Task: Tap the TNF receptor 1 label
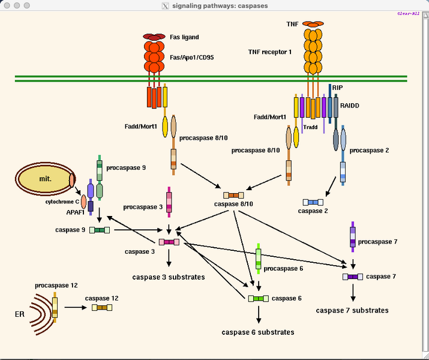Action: pos(269,52)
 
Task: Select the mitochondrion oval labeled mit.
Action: pos(43,179)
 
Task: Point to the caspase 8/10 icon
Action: pos(233,195)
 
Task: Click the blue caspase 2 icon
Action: pos(313,202)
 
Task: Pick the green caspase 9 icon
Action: pos(100,230)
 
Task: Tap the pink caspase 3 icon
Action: pos(169,242)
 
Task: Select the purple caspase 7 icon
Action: pos(353,277)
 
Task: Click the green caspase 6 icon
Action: pos(259,298)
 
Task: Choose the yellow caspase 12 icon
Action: pos(102,307)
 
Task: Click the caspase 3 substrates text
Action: pos(169,277)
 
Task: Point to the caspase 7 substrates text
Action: pos(352,310)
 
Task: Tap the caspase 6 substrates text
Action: pos(258,332)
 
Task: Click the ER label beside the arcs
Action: pos(20,314)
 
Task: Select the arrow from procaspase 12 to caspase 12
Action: pos(76,307)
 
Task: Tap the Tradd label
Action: pos(311,127)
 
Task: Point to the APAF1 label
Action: pos(75,212)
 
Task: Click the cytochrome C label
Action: pos(62,202)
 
